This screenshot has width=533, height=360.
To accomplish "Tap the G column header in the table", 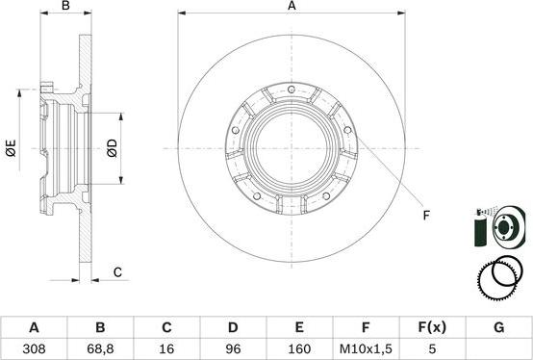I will coord(498,327).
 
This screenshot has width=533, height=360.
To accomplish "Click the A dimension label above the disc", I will coord(292,7).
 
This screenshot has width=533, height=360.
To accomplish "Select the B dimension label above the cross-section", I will coord(66,7).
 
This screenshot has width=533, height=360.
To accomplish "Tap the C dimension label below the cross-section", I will coord(117,272).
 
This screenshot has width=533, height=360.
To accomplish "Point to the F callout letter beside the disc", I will coord(426,216).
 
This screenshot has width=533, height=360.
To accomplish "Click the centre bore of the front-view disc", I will coord(292,148).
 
